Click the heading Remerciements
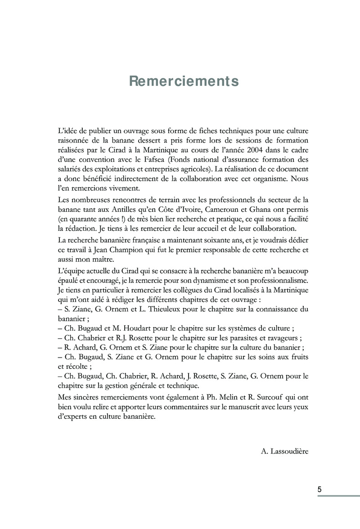(x=184, y=81)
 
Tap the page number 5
(x=319, y=489)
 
